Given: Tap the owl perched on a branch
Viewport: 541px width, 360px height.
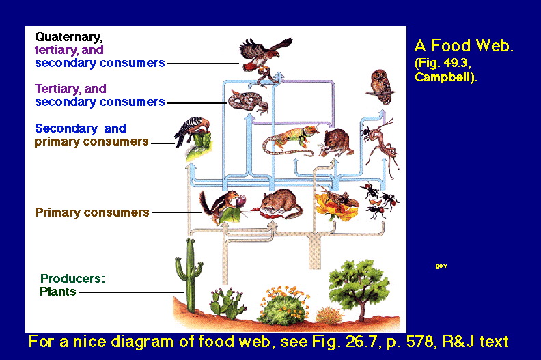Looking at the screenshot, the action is tap(381, 86).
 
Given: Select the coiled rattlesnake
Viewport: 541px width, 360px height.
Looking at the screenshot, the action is tap(248, 102).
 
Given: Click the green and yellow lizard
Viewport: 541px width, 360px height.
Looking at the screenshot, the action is tap(290, 141).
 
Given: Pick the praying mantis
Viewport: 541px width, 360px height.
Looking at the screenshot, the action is tap(381, 148).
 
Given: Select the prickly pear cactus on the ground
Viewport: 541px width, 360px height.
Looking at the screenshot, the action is tap(227, 304).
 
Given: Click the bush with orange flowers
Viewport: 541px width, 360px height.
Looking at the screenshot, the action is tap(284, 306).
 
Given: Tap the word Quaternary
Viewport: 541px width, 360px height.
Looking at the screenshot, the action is tap(69, 38).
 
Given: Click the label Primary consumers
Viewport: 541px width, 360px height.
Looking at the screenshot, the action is tap(92, 212).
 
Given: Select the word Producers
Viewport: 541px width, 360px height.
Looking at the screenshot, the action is tap(72, 278).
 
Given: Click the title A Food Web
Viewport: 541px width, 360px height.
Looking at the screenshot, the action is tap(464, 45).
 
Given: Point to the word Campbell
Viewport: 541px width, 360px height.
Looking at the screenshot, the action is tap(445, 77).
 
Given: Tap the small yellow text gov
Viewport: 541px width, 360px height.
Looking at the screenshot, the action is tap(441, 266).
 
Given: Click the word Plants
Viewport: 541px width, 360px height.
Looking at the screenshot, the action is tap(57, 292).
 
